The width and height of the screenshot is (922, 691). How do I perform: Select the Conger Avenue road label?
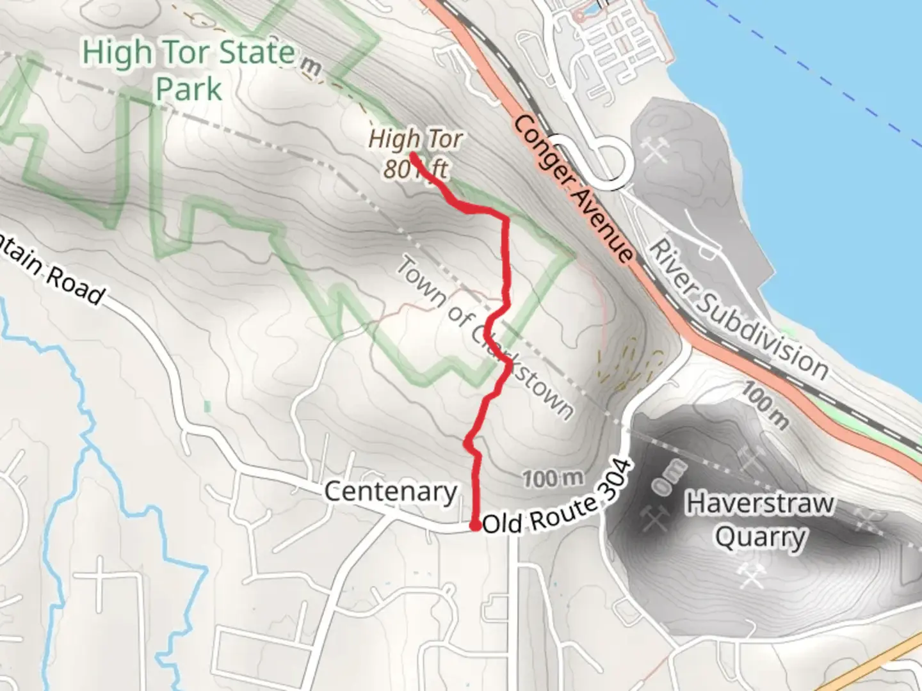click(x=573, y=189)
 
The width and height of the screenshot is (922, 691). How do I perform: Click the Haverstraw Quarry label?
click(x=760, y=520)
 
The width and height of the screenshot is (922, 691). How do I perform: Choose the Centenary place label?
click(x=391, y=492)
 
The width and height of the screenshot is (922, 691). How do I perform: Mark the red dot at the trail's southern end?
click(x=475, y=526)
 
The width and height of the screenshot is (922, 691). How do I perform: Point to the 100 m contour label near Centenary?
click(x=553, y=478)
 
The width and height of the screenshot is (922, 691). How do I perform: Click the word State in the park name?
click(x=256, y=52)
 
